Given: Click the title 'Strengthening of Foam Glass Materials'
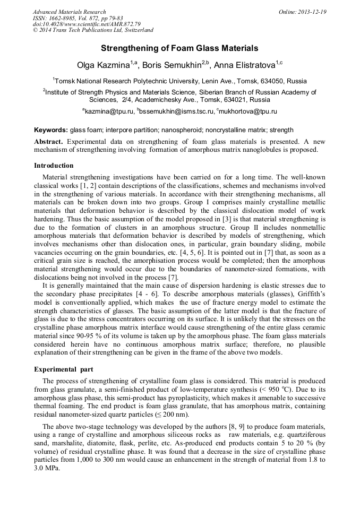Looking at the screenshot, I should pos(179,48).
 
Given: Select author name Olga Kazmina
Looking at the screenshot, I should pos(104,65).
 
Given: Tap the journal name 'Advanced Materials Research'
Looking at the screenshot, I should pos(69,12).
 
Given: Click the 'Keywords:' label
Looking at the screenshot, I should pos(51,130).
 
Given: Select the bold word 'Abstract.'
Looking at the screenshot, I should pos(48,142).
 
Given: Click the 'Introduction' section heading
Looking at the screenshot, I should pos(54,166).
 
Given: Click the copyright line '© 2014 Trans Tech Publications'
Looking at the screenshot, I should pos(93,31).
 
